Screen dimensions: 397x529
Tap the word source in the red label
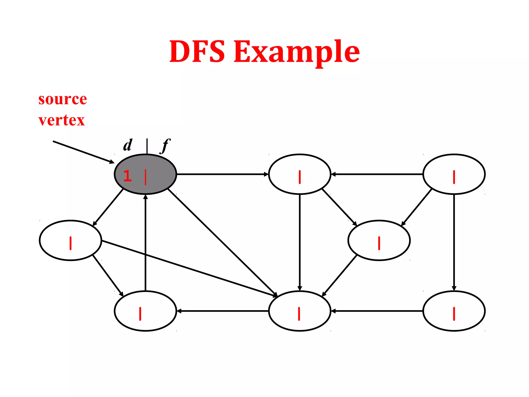(x=63, y=99)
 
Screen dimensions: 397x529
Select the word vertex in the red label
(x=61, y=120)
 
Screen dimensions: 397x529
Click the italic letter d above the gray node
(x=128, y=145)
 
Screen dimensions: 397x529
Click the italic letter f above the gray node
(x=165, y=145)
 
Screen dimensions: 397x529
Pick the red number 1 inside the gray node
(x=127, y=176)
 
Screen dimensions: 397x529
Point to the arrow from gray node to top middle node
(x=222, y=174)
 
